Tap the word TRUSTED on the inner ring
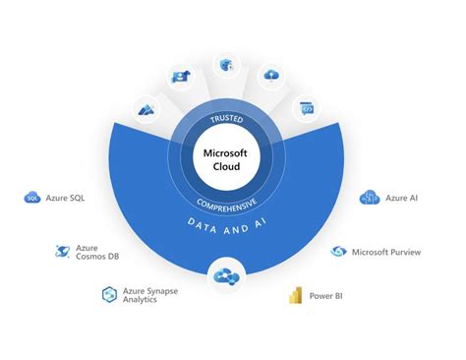coord(225,119)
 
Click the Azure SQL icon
coord(31,198)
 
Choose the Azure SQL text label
coord(65,198)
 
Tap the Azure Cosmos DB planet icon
coord(62,251)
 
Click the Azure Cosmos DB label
coord(95,252)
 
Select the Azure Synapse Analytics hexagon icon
coord(109,293)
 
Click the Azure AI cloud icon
coord(371,198)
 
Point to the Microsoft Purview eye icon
coord(339,252)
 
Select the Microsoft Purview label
coord(386,252)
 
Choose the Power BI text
coord(327,294)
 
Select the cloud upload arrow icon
coord(270,76)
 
